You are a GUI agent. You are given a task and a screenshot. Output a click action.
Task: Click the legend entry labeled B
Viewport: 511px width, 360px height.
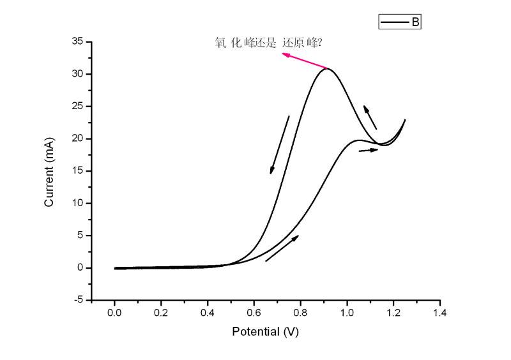(x=400, y=22)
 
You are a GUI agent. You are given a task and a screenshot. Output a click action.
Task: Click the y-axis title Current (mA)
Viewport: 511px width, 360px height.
(x=49, y=172)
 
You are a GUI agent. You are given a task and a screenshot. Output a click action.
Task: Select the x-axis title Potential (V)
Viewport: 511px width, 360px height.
(x=265, y=331)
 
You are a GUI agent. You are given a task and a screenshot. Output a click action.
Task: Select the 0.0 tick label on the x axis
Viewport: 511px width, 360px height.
(x=114, y=313)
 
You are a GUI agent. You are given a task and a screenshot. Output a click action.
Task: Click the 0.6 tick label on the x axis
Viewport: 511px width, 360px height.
(x=254, y=313)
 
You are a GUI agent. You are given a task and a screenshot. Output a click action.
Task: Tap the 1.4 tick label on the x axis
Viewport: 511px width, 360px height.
(x=439, y=313)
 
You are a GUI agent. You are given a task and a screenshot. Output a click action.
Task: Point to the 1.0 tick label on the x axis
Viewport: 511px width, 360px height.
(x=347, y=313)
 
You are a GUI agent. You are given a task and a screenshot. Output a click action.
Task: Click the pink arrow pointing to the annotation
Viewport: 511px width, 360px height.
(x=305, y=61)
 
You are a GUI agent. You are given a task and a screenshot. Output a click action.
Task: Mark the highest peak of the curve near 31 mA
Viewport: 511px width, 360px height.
(x=327, y=68)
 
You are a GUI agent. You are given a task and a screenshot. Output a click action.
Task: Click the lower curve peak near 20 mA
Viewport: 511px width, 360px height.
(x=358, y=140)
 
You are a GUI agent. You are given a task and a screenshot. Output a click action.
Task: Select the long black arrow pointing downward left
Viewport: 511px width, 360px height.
(x=280, y=145)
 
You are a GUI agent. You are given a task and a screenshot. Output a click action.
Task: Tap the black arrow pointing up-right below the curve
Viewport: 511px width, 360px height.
(x=282, y=248)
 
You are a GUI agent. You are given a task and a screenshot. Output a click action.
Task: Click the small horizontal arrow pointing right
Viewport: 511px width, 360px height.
(x=369, y=150)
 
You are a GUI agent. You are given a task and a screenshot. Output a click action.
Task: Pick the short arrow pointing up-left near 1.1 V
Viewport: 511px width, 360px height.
(x=370, y=117)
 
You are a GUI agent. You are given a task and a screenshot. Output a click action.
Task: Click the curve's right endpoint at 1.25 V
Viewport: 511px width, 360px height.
(x=405, y=120)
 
